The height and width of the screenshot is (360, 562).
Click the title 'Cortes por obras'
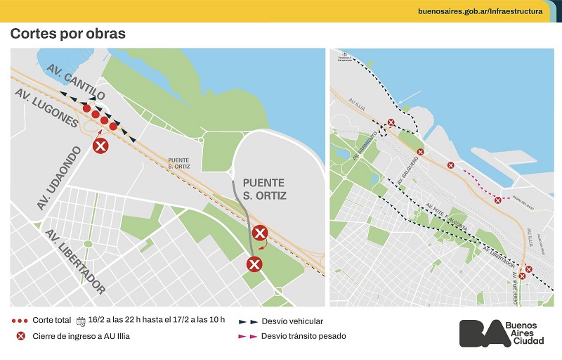pyautogui.click(x=67, y=34)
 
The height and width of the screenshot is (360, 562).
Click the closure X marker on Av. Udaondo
pyautogui.click(x=101, y=146)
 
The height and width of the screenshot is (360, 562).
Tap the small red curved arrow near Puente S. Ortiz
pyautogui.click(x=263, y=245)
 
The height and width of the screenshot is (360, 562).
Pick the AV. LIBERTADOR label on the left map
pyautogui.click(x=76, y=262)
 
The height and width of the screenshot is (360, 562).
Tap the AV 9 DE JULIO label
pyautogui.click(x=514, y=288)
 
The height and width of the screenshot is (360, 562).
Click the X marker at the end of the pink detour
pyautogui.click(x=498, y=200)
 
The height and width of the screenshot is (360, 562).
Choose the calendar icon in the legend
pyautogui.click(x=80, y=321)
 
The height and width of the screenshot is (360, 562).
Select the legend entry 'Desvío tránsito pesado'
pyautogui.click(x=303, y=336)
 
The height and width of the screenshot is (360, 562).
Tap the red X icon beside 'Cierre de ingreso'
pyautogui.click(x=20, y=336)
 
